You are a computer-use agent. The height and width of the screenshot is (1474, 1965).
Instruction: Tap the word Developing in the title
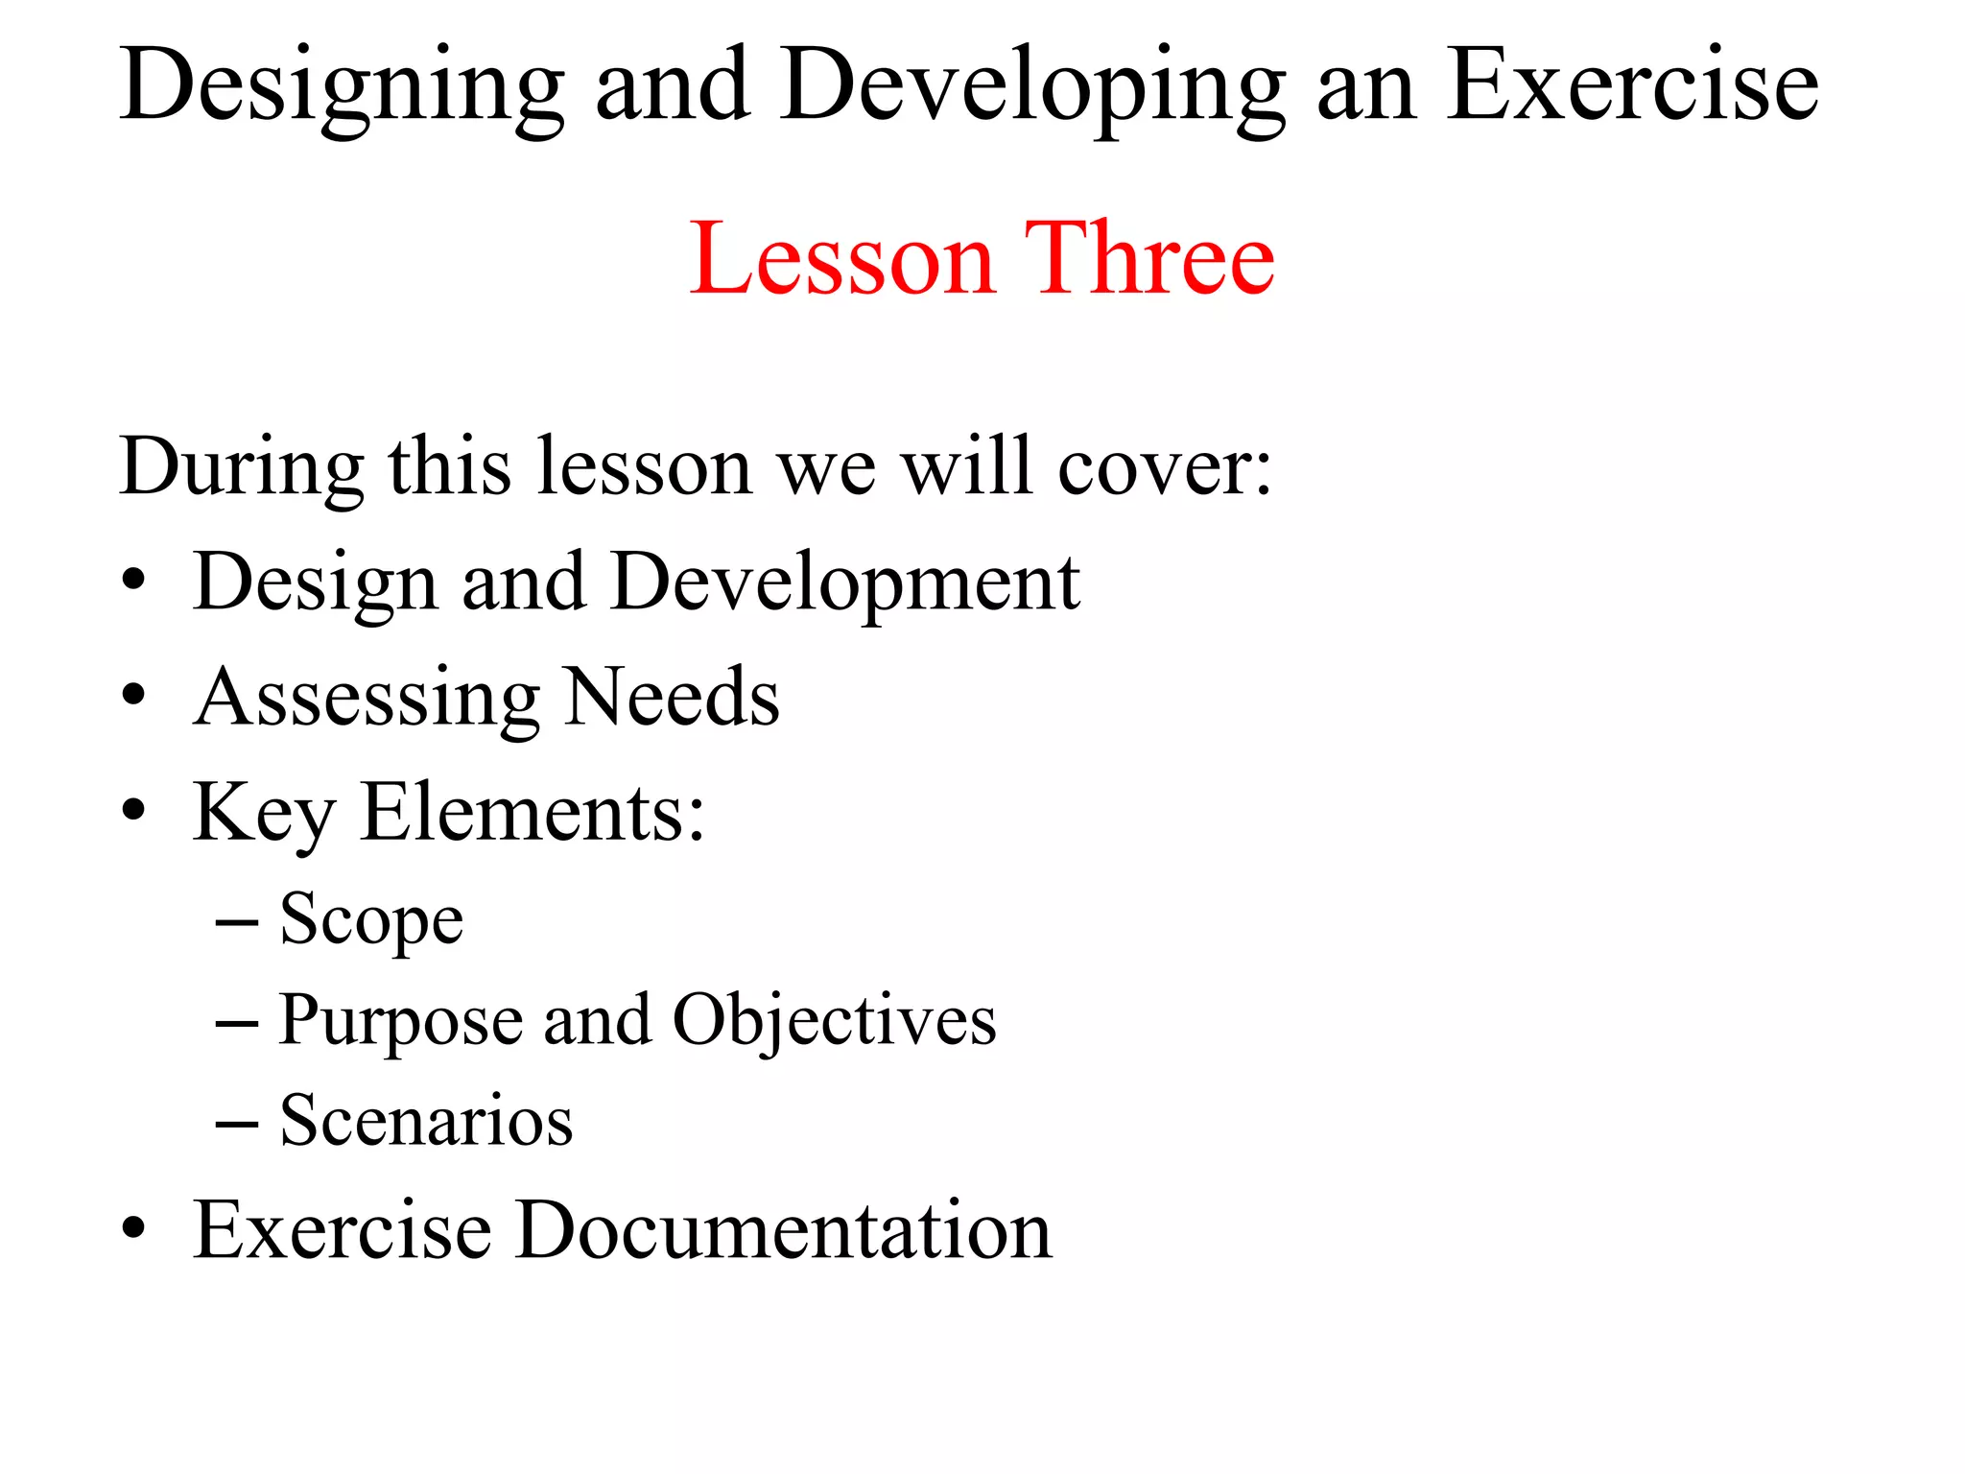click(1032, 88)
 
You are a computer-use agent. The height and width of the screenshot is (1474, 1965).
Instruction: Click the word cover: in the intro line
click(1165, 467)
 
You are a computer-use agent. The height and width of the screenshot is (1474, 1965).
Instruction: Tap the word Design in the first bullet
click(315, 583)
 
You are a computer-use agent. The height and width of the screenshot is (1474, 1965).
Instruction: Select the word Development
click(845, 583)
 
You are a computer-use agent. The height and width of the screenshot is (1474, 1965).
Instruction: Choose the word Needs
click(672, 698)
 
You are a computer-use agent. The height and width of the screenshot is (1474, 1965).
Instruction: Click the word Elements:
click(533, 813)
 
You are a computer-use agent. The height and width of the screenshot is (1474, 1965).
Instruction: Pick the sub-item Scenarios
click(426, 1121)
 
